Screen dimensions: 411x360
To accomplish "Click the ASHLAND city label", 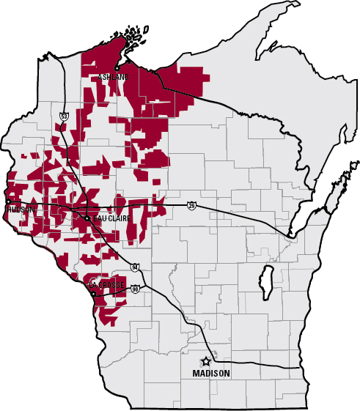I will (x=114, y=76).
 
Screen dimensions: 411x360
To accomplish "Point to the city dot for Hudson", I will (x=9, y=201).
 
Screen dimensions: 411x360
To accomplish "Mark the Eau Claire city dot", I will (x=87, y=218).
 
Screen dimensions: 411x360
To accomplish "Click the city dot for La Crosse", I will (x=93, y=294).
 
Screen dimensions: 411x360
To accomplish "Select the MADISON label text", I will (x=211, y=374).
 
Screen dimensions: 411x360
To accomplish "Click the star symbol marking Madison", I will (x=207, y=361).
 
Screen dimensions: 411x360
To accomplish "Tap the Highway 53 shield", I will (x=65, y=116).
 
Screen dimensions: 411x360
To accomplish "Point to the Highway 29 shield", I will (x=191, y=205).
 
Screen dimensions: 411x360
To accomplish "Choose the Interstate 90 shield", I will (x=136, y=289).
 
